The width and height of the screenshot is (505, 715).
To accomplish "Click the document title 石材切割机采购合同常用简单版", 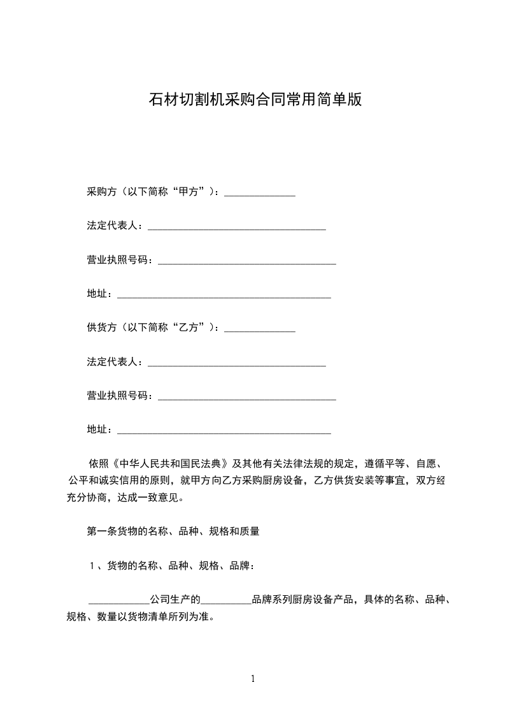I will [255, 100].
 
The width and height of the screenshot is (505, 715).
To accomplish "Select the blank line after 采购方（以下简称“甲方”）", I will [260, 193].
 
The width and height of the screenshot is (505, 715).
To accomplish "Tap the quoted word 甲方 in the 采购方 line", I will [192, 192].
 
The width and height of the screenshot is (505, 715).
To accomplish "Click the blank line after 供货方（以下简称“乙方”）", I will [260, 329].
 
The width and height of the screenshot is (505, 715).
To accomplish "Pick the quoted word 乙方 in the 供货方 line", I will [192, 328].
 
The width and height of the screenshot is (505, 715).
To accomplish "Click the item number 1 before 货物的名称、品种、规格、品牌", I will [92, 565].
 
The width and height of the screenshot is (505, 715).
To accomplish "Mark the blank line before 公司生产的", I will [118, 601].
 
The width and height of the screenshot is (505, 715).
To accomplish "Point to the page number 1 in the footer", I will [253, 679].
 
